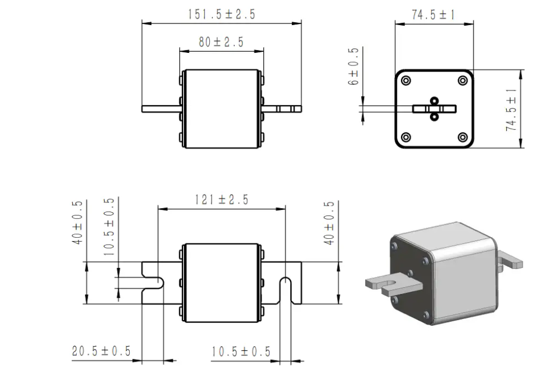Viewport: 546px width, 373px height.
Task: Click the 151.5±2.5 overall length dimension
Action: pyautogui.click(x=221, y=14)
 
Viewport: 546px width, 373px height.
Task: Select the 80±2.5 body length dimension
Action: pyautogui.click(x=221, y=43)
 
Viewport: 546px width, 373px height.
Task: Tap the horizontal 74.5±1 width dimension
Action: pyautogui.click(x=433, y=15)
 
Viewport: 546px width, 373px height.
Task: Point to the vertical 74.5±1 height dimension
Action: pyautogui.click(x=512, y=109)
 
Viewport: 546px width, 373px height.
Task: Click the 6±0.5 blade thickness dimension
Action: pyautogui.click(x=354, y=67)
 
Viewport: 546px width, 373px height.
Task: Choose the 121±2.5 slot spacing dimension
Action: pyautogui.click(x=221, y=200)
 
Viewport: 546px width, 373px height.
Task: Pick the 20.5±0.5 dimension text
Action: pyautogui.click(x=101, y=351)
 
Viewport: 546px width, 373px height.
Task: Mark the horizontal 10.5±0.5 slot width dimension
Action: pyautogui.click(x=241, y=352)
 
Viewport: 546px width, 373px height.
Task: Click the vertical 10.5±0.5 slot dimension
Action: pyautogui.click(x=109, y=226)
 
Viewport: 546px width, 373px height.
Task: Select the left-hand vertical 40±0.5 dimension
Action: pyautogui.click(x=78, y=222)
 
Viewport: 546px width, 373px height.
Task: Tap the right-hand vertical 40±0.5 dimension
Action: pyautogui.click(x=329, y=222)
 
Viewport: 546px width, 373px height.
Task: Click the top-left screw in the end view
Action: pyautogui.click(x=406, y=80)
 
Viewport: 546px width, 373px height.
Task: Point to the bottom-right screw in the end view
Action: pyautogui.click(x=462, y=137)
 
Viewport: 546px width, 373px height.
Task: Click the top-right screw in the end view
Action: pyautogui.click(x=462, y=80)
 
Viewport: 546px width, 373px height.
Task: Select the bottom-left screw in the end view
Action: pyautogui.click(x=406, y=137)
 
